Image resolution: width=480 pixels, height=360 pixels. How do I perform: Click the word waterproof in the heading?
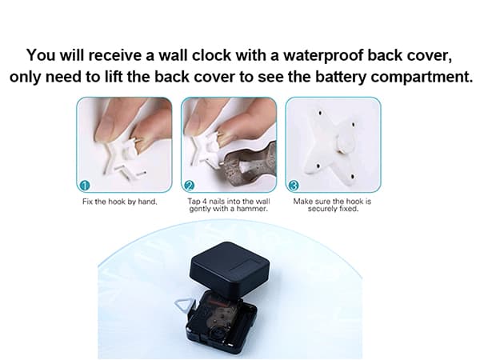click(322, 56)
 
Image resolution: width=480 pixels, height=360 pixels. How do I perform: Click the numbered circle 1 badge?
click(85, 186)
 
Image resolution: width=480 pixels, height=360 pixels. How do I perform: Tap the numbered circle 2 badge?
click(189, 186)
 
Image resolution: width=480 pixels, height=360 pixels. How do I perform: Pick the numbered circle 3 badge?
click(294, 186)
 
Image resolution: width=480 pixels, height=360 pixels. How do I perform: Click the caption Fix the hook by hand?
click(120, 202)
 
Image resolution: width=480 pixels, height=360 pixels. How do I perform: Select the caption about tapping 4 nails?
click(229, 205)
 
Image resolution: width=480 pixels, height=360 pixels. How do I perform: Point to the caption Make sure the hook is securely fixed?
click(333, 205)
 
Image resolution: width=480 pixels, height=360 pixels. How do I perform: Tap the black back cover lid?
click(230, 270)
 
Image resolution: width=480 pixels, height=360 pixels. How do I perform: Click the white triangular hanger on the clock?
click(186, 305)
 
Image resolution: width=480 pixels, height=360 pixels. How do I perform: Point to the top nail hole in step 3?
click(320, 114)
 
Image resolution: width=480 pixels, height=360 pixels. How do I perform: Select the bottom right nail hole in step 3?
click(353, 177)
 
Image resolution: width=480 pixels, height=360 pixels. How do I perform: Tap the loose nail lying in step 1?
click(141, 174)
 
